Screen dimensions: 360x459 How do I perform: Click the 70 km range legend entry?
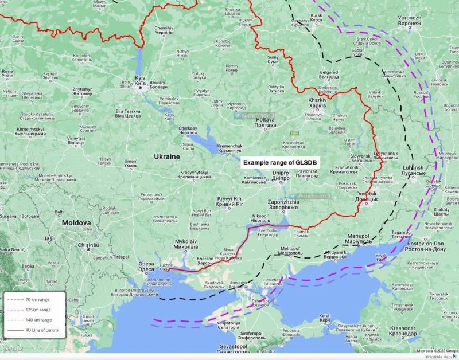tap(37, 300)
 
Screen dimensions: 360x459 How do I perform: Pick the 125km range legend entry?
tap(37, 310)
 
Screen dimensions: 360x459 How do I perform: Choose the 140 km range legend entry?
tap(37, 320)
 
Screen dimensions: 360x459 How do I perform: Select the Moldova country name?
tap(76, 222)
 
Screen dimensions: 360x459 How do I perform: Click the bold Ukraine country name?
tap(166, 156)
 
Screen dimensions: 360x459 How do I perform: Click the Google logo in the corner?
tap(13, 349)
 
